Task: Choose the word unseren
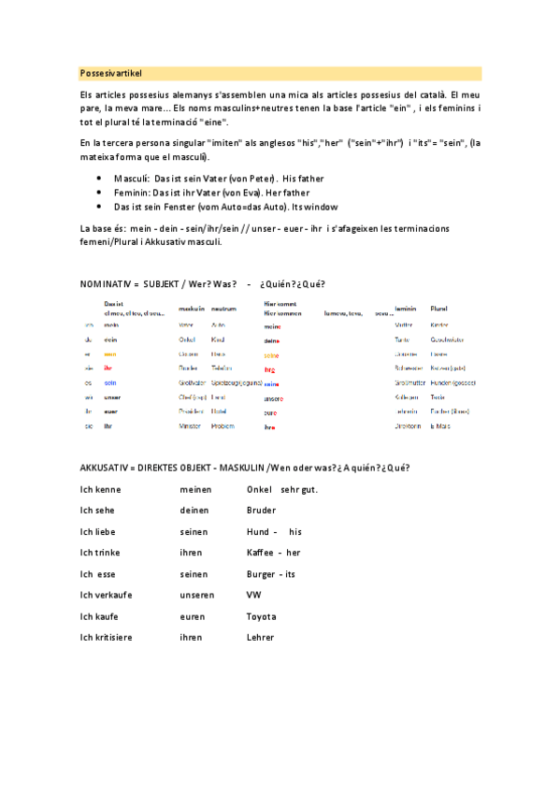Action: tap(197, 595)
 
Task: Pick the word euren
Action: tap(193, 616)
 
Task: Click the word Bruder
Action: tap(262, 511)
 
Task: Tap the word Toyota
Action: tap(262, 616)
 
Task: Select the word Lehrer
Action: tap(261, 638)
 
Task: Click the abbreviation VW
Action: tap(254, 595)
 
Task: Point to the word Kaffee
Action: tap(262, 553)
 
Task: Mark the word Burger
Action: tap(262, 574)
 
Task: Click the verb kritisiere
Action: tap(115, 638)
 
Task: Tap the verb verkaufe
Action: tap(113, 595)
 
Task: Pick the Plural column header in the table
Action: tap(439, 308)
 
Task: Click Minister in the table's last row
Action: tap(190, 425)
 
